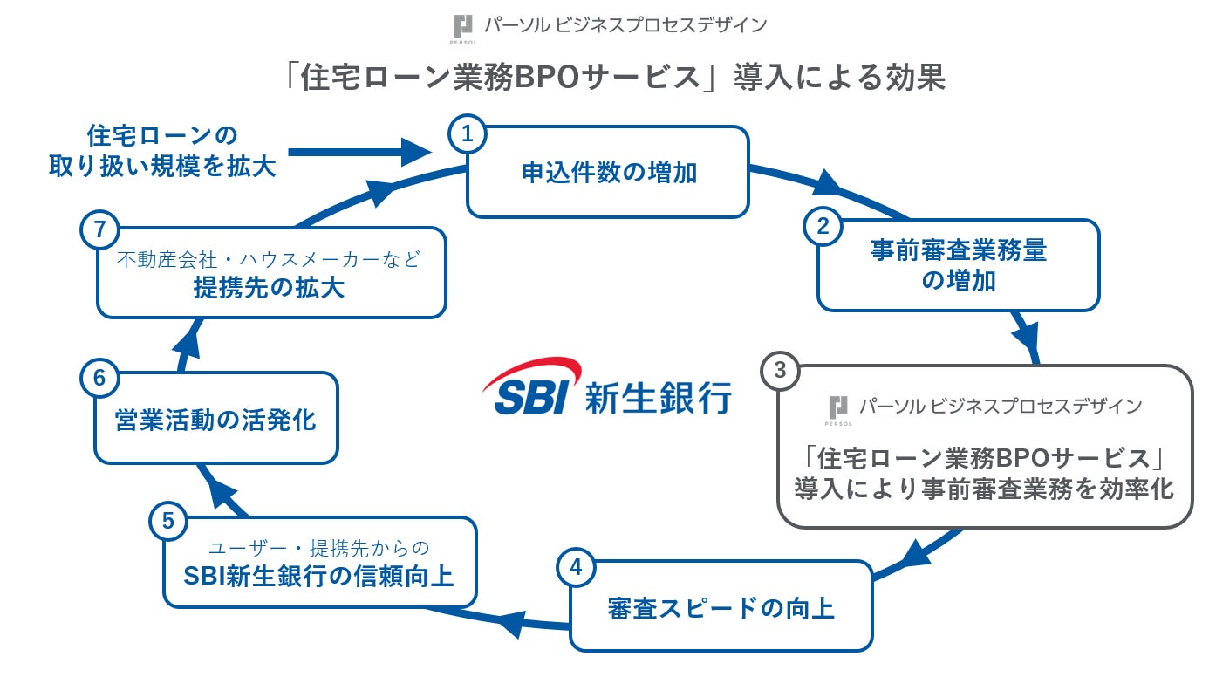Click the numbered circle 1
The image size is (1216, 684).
(x=468, y=134)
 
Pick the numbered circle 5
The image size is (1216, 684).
(x=168, y=522)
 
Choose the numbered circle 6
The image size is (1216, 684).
(x=99, y=379)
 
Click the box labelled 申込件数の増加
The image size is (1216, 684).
(x=608, y=173)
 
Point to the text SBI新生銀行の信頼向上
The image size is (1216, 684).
(x=318, y=576)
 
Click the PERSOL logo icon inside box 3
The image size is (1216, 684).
(x=838, y=407)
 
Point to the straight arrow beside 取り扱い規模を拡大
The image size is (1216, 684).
(x=358, y=153)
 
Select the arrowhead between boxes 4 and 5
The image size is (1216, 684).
(x=511, y=622)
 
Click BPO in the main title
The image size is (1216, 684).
(x=545, y=78)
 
